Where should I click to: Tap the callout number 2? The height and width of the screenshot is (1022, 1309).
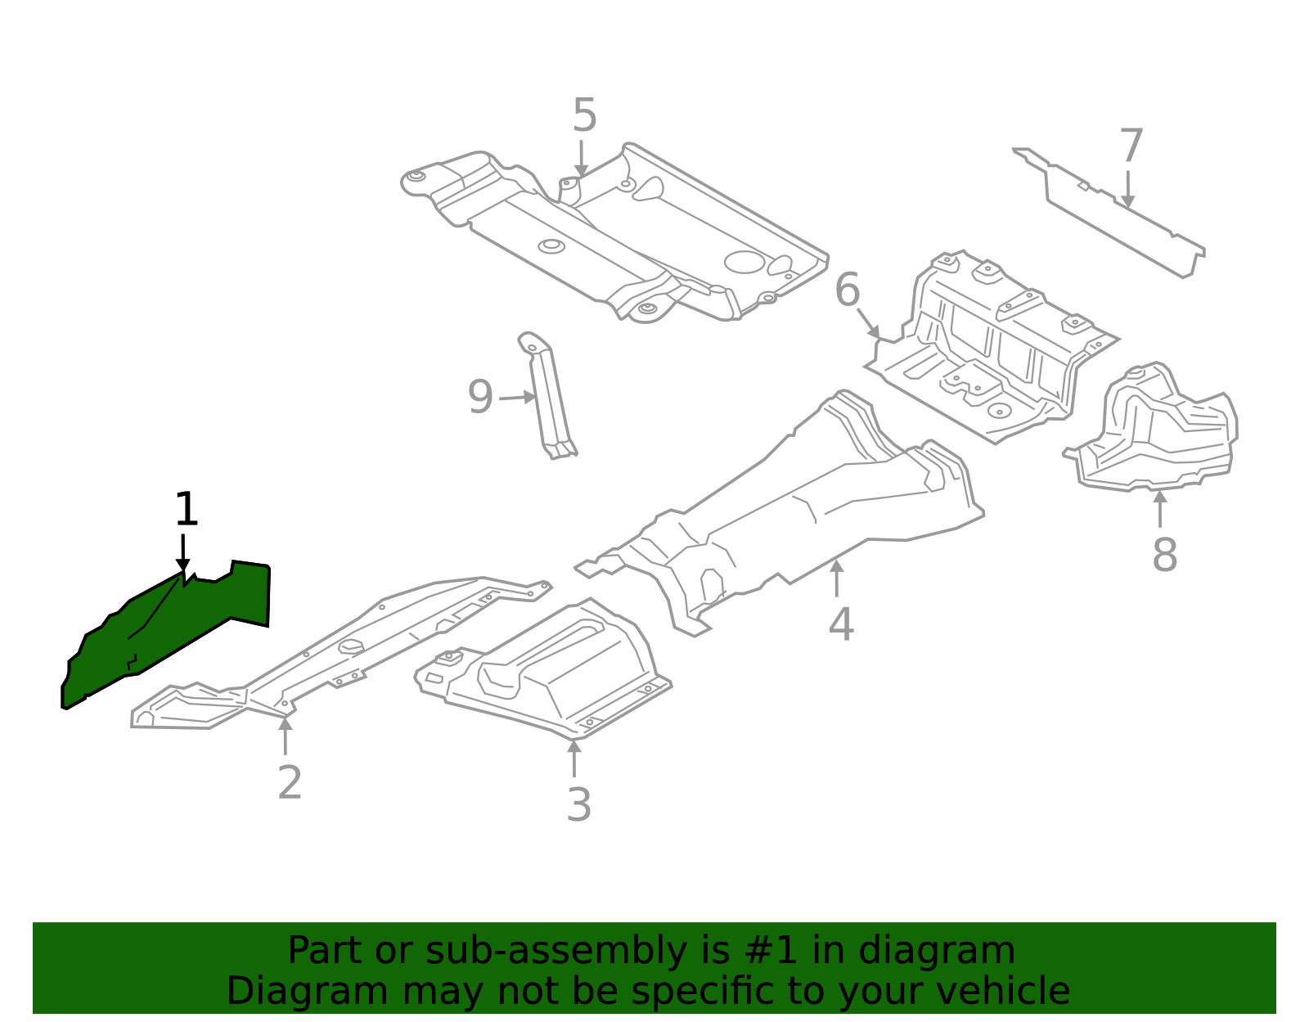coord(290,783)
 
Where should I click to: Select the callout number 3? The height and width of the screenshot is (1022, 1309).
coord(578,805)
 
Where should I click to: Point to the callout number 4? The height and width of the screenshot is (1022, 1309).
coord(841,624)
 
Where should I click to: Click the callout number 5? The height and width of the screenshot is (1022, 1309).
coord(584,115)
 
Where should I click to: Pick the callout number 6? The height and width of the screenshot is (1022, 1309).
coord(848,290)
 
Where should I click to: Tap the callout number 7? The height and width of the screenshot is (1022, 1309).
coord(1131,146)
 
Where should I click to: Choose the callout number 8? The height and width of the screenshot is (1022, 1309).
coord(1164,555)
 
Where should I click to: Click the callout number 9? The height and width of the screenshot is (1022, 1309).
coord(480,398)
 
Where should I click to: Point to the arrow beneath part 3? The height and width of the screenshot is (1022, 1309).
coord(574,757)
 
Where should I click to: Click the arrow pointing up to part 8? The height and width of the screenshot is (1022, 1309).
coord(1159,507)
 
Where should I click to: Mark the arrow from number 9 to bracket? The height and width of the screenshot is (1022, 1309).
coord(517,398)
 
